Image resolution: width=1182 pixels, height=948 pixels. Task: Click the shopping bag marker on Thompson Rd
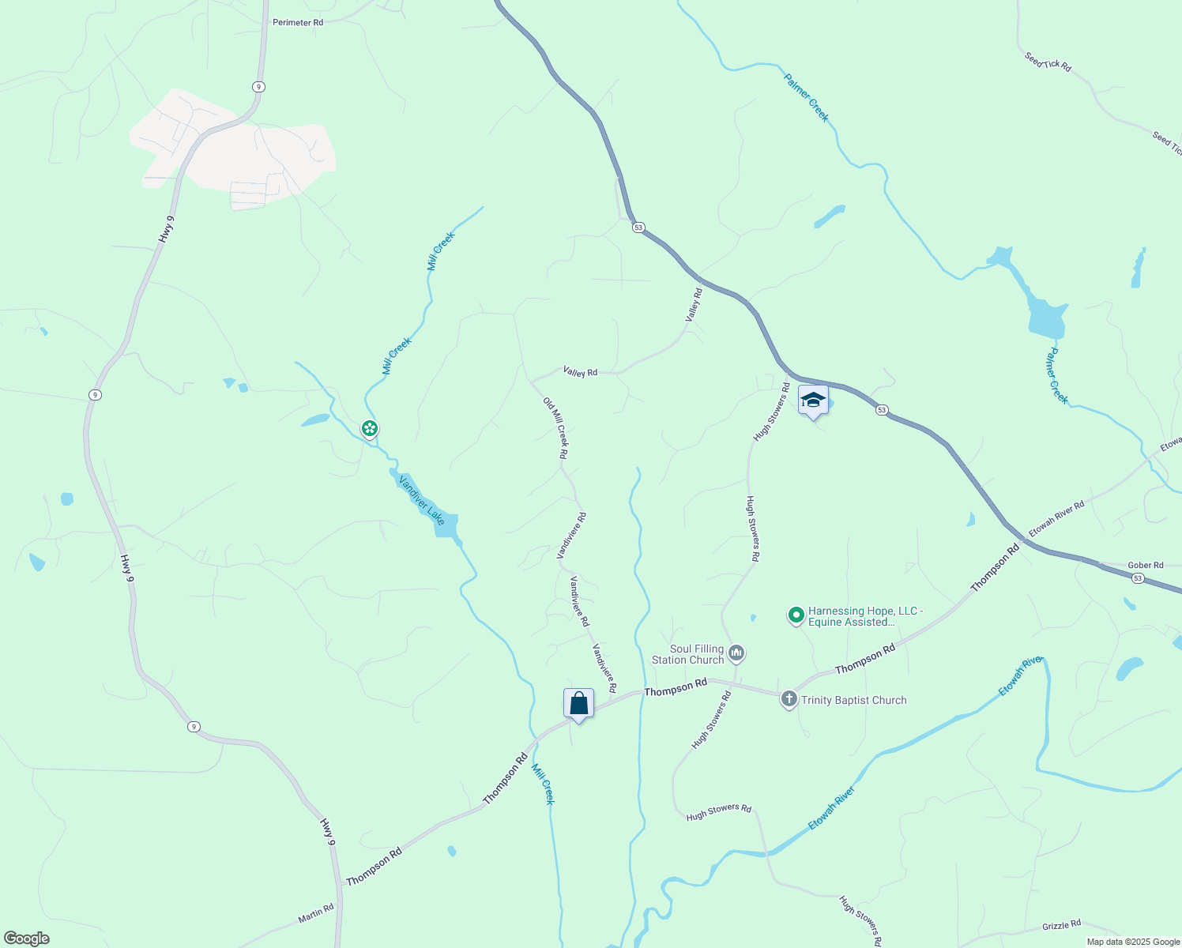click(x=578, y=703)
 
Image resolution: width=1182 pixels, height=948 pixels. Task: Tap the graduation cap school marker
click(x=813, y=400)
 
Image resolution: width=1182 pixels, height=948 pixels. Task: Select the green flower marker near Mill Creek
click(x=369, y=429)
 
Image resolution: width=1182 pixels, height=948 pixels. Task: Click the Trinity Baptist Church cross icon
click(x=789, y=699)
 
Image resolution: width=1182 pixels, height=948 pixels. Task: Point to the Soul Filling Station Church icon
click(x=736, y=653)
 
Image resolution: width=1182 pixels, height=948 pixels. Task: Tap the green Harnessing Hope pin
click(x=796, y=615)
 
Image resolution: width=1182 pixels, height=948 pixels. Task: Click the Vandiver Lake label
click(x=422, y=500)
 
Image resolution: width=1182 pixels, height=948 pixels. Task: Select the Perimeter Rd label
click(x=298, y=22)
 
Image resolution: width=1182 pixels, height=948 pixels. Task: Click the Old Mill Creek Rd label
click(x=555, y=427)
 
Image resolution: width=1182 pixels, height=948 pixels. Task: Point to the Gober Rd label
click(x=1146, y=565)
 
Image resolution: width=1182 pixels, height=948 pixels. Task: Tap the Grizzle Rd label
click(x=1061, y=925)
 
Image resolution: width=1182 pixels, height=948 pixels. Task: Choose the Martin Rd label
click(x=316, y=914)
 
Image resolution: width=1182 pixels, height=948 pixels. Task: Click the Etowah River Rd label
click(x=1056, y=518)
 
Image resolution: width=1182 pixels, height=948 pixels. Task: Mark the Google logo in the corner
click(x=26, y=938)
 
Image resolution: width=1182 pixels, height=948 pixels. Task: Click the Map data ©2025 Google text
click(x=1133, y=942)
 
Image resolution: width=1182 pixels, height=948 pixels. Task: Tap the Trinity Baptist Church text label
click(x=854, y=700)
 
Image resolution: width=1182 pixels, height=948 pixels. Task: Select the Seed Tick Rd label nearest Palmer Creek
click(x=1048, y=62)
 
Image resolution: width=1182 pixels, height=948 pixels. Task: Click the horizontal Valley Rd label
click(x=580, y=371)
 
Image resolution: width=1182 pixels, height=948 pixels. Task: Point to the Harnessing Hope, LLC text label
click(x=865, y=616)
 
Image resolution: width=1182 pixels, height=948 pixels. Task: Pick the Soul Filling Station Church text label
click(x=687, y=654)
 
